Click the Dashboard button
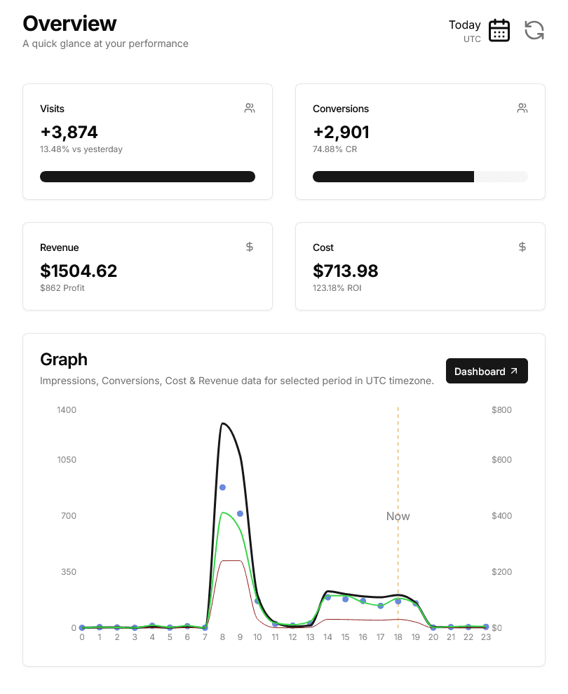click(x=487, y=372)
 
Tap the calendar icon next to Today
click(x=499, y=31)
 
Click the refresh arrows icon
click(x=534, y=31)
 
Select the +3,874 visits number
click(x=69, y=132)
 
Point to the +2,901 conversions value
click(x=341, y=132)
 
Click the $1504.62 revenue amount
click(x=79, y=271)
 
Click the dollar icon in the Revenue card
click(x=250, y=247)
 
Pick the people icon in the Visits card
click(x=250, y=108)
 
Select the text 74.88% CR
click(x=334, y=149)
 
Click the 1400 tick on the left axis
click(x=67, y=409)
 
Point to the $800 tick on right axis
click(x=502, y=409)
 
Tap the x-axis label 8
click(x=222, y=637)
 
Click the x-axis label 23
click(x=485, y=637)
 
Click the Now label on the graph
click(x=398, y=517)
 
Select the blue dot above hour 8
click(x=222, y=487)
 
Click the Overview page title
click(x=69, y=23)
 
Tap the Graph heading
click(x=64, y=360)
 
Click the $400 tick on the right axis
click(x=502, y=516)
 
